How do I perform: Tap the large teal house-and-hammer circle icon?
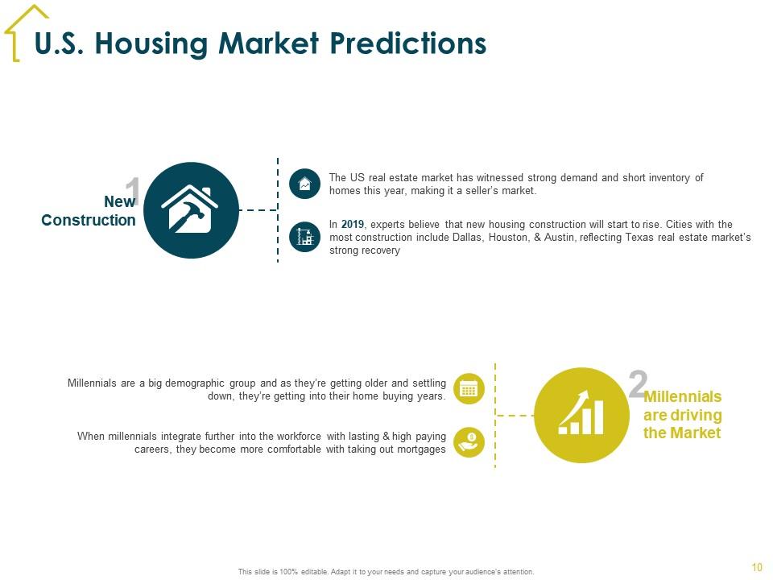pyautogui.click(x=192, y=210)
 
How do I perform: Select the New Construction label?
pyautogui.click(x=89, y=210)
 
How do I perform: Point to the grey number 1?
pyautogui.click(x=132, y=190)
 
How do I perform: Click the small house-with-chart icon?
pyautogui.click(x=304, y=184)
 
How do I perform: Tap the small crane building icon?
pyautogui.click(x=304, y=237)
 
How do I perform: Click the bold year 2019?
pyautogui.click(x=353, y=225)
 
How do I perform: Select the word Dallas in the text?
pyautogui.click(x=469, y=238)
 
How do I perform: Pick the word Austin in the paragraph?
pyautogui.click(x=559, y=238)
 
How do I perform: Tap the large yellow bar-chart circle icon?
pyautogui.click(x=581, y=416)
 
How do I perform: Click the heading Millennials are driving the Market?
pyautogui.click(x=682, y=415)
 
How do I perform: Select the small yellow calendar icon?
pyautogui.click(x=469, y=389)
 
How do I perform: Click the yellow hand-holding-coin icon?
pyautogui.click(x=469, y=442)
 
